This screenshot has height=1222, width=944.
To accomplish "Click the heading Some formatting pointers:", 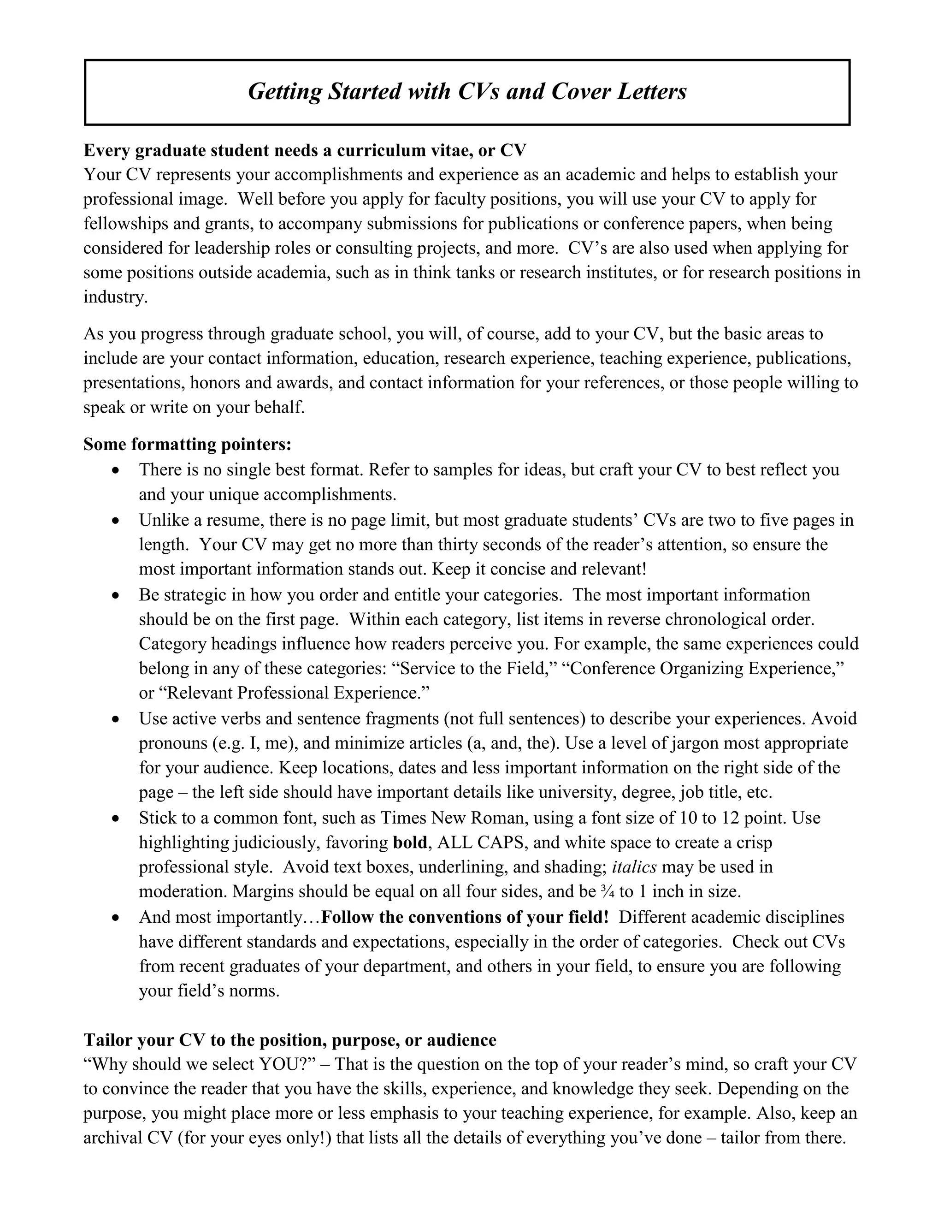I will pos(187,444).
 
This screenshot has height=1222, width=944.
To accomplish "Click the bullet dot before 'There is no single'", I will pos(115,470).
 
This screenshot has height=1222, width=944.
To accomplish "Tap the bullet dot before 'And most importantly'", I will pos(115,918).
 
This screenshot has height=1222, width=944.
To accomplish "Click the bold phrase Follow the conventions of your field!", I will pos(465,917).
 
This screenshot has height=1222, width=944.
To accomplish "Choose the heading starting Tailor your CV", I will pos(289,1039).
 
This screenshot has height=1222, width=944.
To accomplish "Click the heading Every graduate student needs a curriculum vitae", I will pos(305,150).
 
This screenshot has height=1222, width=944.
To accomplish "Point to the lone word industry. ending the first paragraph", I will pos(116,297).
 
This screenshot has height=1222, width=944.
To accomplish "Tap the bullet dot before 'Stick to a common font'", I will pos(115,818).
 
